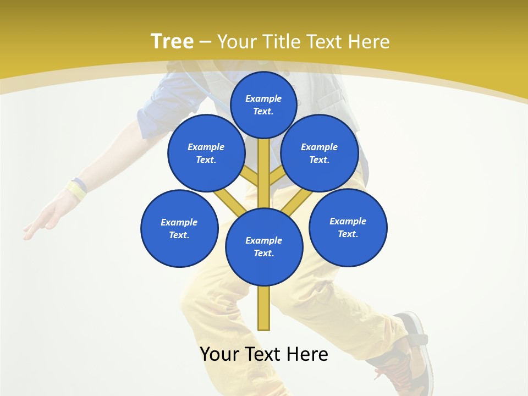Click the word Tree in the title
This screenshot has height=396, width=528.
click(x=172, y=41)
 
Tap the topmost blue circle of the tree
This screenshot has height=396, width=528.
click(x=263, y=105)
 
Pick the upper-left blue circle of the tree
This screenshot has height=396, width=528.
click(x=206, y=153)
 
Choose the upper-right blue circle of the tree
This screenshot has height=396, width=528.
click(x=320, y=153)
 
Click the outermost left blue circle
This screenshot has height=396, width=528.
click(x=179, y=228)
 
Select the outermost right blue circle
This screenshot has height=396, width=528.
click(x=348, y=227)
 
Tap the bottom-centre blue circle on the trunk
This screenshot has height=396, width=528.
click(x=264, y=246)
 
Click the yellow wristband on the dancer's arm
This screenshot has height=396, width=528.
click(x=76, y=190)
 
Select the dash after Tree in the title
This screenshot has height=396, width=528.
click(x=206, y=42)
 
